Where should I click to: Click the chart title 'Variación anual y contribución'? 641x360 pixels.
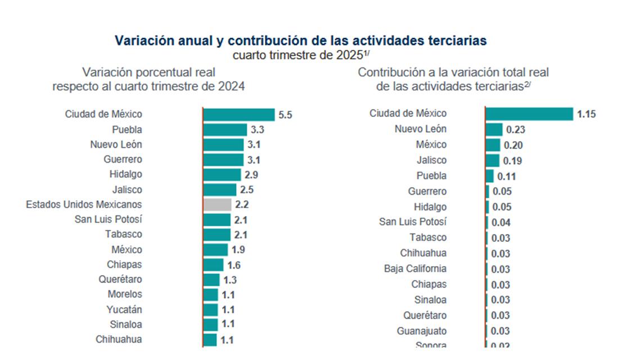coord(301,41)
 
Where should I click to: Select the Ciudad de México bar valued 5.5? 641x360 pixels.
coord(238,115)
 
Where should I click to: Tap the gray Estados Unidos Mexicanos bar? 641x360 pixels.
coord(217,205)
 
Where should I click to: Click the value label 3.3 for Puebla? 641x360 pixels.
coord(258,130)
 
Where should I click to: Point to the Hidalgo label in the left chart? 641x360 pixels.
coord(125,174)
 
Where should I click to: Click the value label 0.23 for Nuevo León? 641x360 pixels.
coord(515,130)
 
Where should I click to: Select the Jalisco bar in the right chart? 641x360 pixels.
coord(492,161)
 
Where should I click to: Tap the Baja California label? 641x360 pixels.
coord(415,269)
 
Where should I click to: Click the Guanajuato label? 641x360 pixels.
coord(421,331)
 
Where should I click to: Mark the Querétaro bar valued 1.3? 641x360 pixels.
coord(211,280)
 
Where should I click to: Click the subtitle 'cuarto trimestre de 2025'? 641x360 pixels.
coord(301,55)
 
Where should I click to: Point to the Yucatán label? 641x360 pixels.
coord(124,309)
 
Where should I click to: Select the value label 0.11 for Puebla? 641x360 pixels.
coord(506,176)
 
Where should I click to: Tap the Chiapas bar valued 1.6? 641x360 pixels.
coord(213,265)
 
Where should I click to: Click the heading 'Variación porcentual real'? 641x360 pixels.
coord(148,73)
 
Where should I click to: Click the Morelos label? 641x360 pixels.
coord(125,294)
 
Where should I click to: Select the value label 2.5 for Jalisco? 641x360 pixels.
coord(247,190)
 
